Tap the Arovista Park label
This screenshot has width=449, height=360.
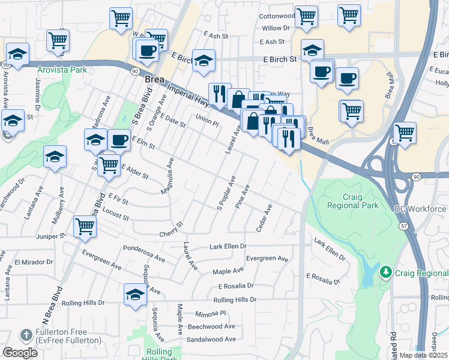[x=62, y=70]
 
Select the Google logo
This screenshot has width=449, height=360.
[x=20, y=352]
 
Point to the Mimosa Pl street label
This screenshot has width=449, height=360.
[x=211, y=314]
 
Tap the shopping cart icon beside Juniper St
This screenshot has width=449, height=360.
[x=85, y=226]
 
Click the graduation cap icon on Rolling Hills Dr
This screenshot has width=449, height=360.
[x=136, y=295]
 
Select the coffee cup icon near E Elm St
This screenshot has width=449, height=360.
[x=119, y=140]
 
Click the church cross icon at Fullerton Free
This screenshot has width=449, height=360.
[x=26, y=333]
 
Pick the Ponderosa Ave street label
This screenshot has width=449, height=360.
[x=143, y=253]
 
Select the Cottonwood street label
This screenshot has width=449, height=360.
[x=277, y=16]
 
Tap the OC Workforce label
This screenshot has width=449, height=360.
[x=420, y=209]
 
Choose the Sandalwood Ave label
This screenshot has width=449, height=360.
[x=211, y=339]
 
